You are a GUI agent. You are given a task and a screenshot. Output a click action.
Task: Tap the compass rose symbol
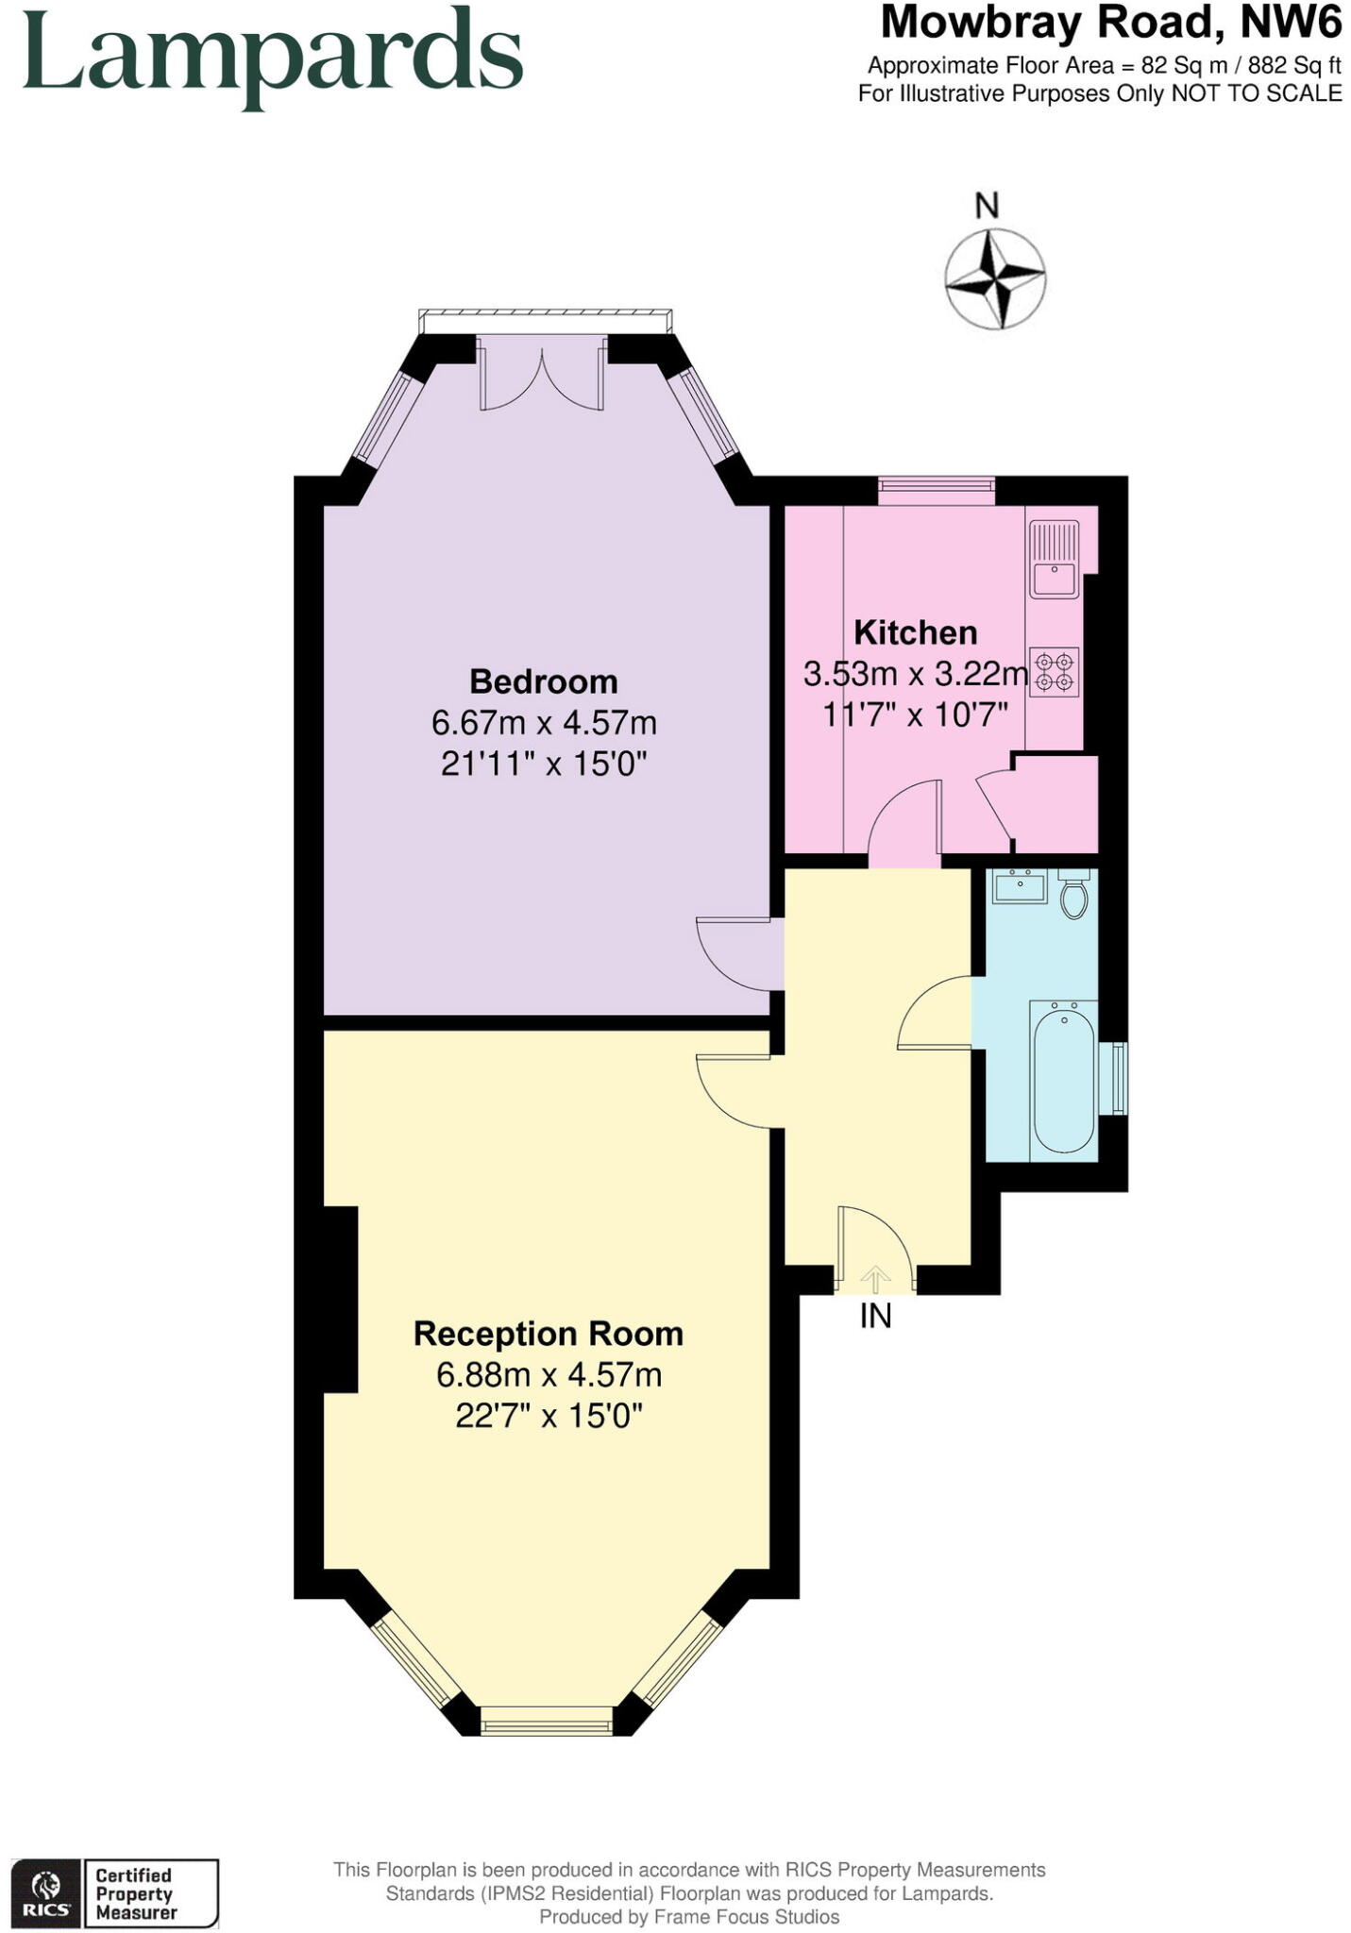coord(994,279)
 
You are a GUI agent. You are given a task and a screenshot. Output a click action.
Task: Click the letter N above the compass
coord(987,205)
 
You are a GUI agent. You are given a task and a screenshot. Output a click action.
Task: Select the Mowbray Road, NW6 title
coord(1110,23)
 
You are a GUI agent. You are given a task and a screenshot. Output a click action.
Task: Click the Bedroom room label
coord(544,681)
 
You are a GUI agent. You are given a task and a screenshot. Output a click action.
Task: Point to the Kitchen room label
coord(915,632)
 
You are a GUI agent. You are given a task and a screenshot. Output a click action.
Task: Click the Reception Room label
coord(549,1334)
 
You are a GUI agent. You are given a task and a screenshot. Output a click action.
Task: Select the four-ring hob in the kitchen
coord(1055,671)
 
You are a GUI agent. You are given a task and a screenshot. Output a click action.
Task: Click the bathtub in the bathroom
coord(1063,1078)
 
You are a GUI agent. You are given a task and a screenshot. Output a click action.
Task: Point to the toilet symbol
coord(1074,894)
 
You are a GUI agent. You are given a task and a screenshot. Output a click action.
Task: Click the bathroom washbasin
coord(1018,886)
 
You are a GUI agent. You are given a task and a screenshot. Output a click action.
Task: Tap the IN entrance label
coord(875,1316)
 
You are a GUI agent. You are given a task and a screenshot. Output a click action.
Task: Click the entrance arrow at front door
coord(875,1280)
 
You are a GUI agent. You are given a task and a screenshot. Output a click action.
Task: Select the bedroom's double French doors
coord(542,378)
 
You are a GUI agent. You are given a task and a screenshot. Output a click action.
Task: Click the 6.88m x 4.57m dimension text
coord(549,1375)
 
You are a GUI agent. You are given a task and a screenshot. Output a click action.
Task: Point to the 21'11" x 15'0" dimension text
coord(544,763)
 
